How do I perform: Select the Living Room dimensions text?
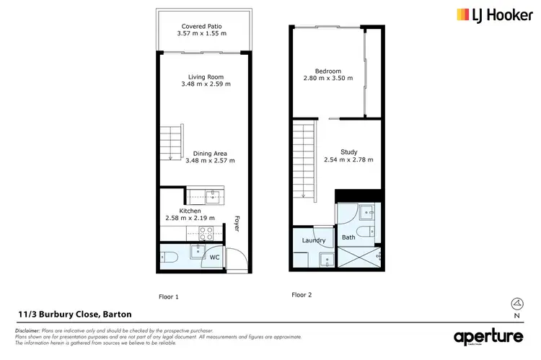pos(205,84)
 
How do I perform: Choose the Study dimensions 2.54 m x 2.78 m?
pos(348,159)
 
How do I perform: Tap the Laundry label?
pos(314,240)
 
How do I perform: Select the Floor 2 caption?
pos(302,294)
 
